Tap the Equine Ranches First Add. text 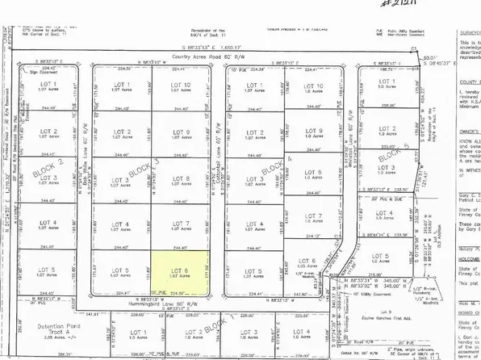(x=391, y=316)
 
